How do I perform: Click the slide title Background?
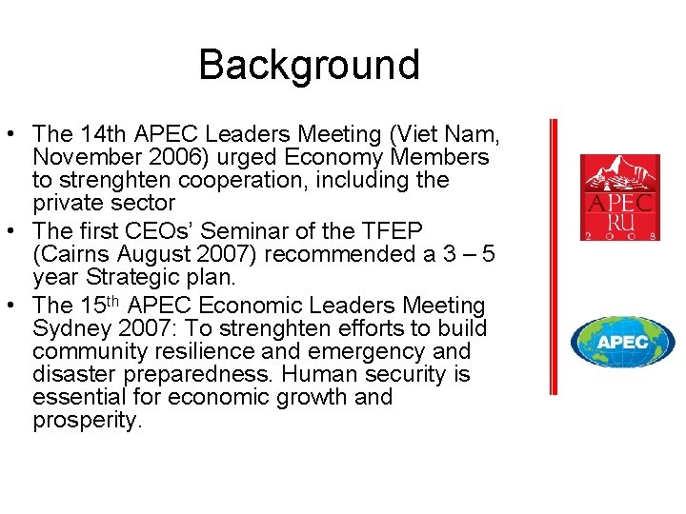[x=309, y=65]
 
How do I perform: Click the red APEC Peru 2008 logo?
[x=620, y=197]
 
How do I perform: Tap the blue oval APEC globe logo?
[x=622, y=342]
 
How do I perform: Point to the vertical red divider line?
[x=554, y=257]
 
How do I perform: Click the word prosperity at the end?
[x=87, y=420]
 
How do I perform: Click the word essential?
[x=75, y=397]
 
